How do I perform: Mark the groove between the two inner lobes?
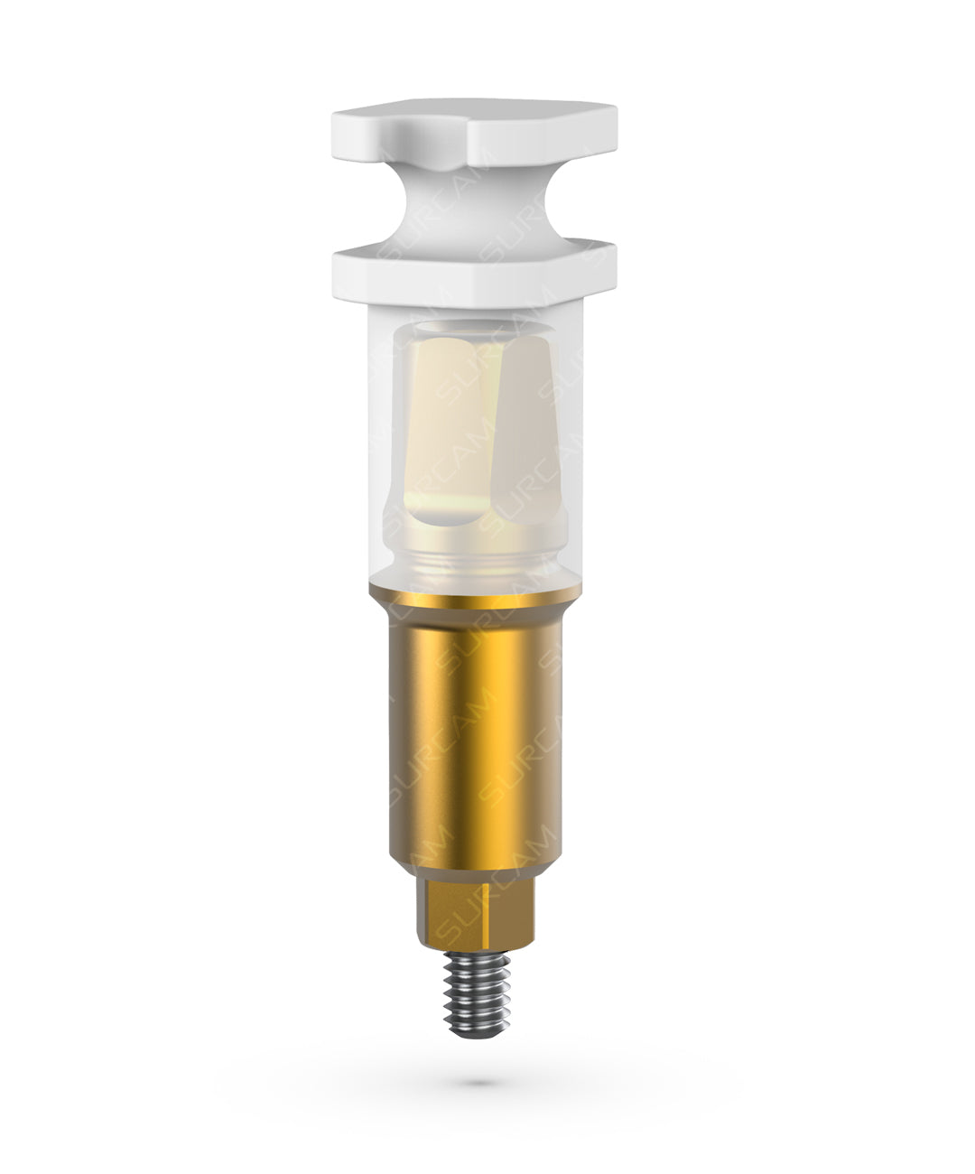tap(487, 427)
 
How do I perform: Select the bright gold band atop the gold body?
tap(474, 595)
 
